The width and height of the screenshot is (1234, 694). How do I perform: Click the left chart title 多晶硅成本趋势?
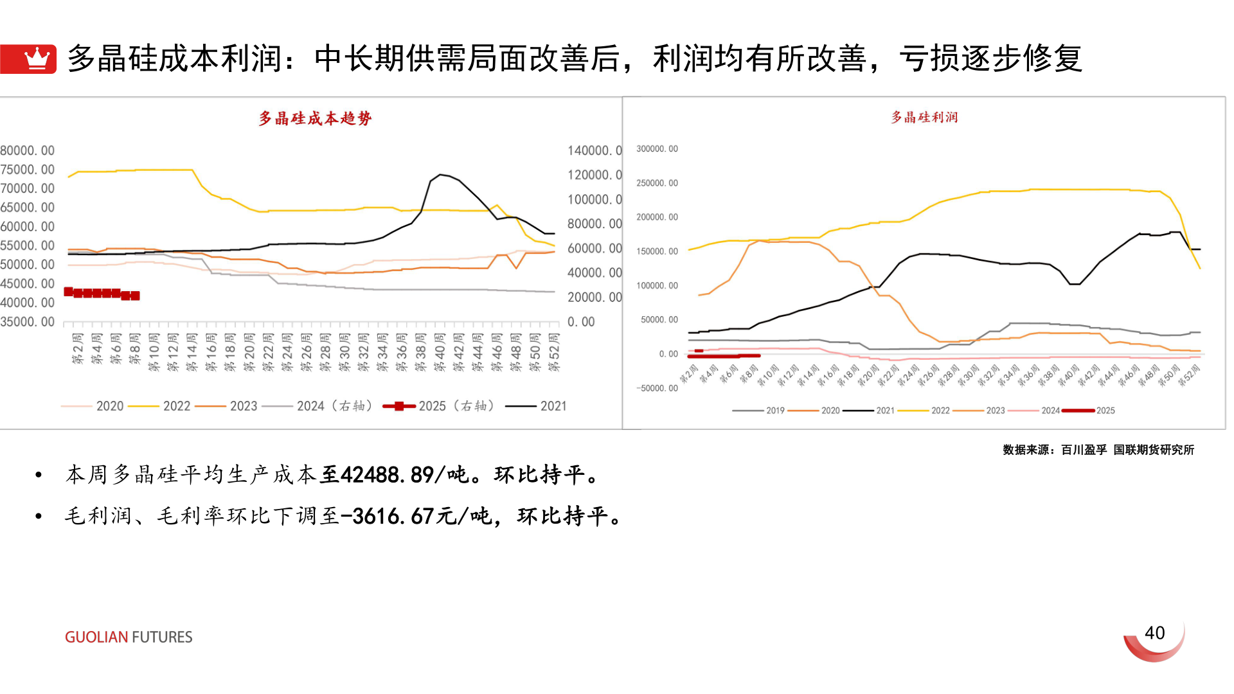tap(315, 118)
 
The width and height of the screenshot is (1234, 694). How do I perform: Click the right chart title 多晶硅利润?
tap(924, 117)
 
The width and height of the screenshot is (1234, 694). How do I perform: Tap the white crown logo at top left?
tap(37, 58)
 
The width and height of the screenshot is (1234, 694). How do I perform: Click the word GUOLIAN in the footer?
tap(96, 637)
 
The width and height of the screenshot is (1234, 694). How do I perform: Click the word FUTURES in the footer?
tap(162, 637)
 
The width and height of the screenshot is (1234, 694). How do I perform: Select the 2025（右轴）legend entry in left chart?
tap(440, 406)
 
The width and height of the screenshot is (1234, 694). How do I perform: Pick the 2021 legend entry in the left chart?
tap(537, 406)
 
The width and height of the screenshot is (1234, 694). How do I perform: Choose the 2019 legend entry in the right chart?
tap(758, 411)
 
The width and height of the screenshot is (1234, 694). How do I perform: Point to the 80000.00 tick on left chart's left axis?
tap(27, 150)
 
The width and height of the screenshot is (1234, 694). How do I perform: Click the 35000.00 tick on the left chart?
tap(27, 322)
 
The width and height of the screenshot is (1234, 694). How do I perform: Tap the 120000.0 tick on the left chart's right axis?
tap(594, 175)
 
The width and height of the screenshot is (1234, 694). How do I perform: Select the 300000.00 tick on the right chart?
tap(657, 148)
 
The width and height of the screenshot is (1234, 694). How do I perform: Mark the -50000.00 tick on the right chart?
tap(657, 388)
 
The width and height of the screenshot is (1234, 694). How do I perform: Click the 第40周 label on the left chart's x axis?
tap(440, 352)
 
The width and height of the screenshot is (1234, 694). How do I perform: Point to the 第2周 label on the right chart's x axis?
tap(689, 374)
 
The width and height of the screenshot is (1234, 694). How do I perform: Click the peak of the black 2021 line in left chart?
tap(440, 174)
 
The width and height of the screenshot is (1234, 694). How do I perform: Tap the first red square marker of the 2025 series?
tap(69, 292)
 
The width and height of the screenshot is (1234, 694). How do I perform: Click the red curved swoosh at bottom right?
tap(1154, 646)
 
